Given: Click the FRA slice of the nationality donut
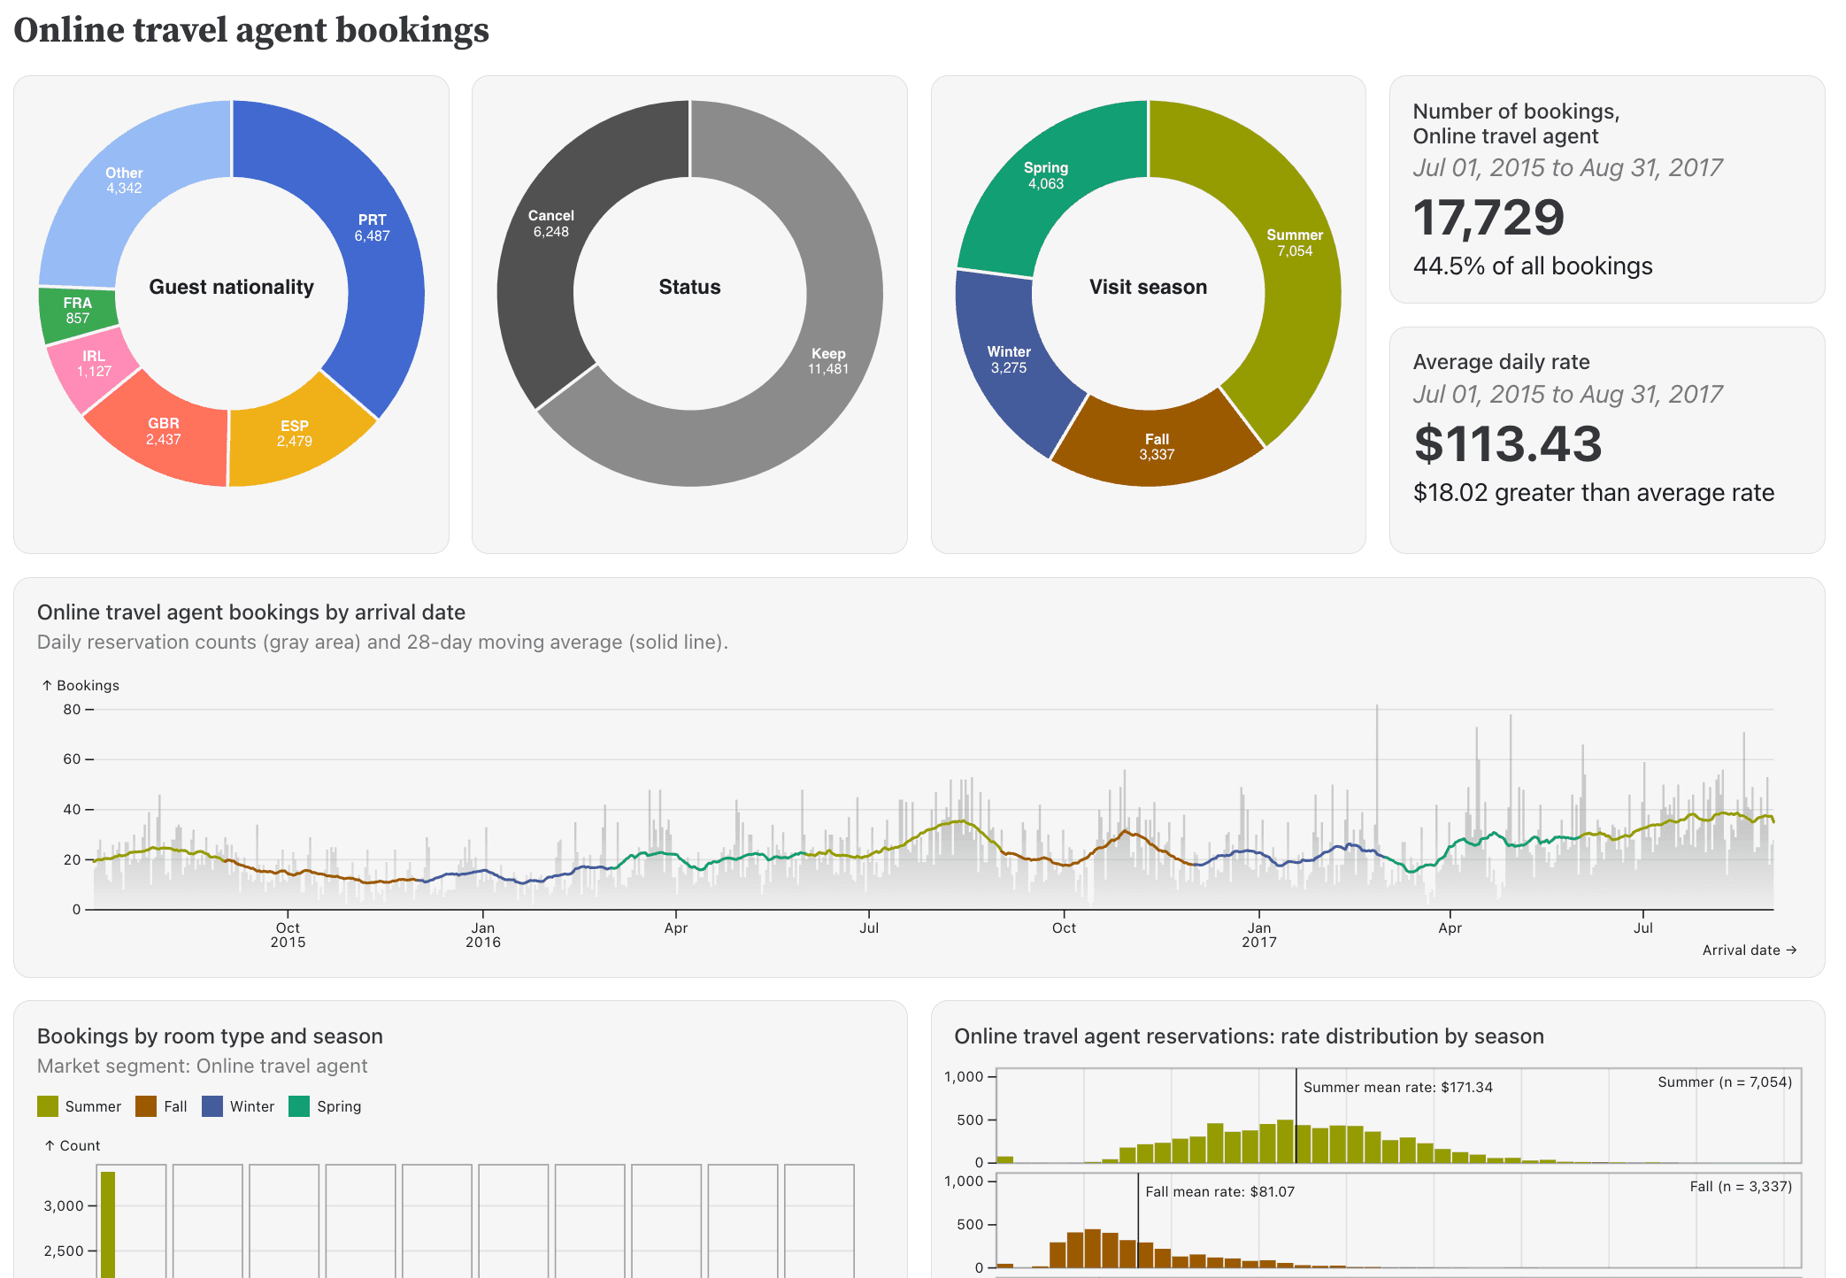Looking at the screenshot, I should [77, 312].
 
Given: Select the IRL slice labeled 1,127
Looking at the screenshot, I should [93, 364].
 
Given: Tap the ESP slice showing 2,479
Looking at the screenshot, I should [295, 434].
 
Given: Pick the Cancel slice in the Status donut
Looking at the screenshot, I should [550, 224].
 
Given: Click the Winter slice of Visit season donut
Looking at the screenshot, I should [1009, 360].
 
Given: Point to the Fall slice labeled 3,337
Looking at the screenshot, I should [1157, 447].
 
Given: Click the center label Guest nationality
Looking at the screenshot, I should [231, 287].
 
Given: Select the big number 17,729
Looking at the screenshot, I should [1488, 218].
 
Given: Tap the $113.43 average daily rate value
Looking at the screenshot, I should [1508, 444].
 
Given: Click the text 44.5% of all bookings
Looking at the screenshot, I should [1533, 266].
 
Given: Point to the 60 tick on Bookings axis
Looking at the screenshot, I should [72, 759].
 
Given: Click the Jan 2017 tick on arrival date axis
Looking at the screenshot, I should [1259, 935].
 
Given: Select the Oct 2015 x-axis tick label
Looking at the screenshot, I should [288, 935].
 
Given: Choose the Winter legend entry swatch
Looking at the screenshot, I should [212, 1107].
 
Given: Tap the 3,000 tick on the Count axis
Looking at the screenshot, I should [64, 1206].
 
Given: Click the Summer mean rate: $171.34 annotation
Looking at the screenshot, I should [1397, 1088].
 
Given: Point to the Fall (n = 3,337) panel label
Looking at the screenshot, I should [1740, 1187].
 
